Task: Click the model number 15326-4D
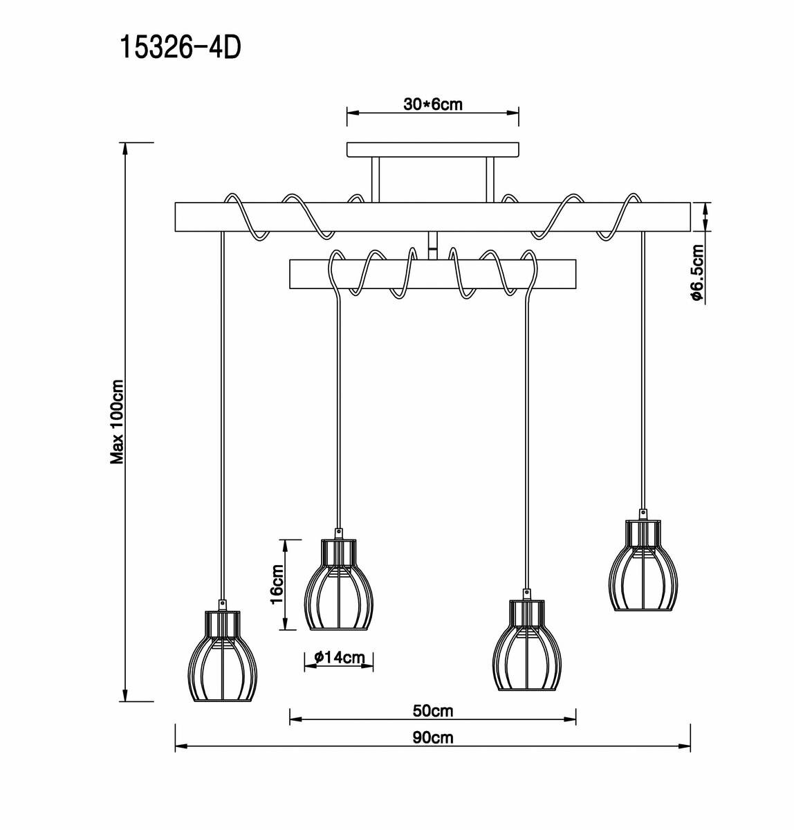181,48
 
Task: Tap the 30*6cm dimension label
432,104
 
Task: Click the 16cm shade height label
277,584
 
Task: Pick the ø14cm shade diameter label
339,658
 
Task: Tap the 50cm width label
432,711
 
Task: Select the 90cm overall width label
432,737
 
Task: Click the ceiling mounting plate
432,150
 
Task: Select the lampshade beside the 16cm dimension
339,585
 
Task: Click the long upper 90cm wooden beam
432,216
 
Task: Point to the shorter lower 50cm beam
432,274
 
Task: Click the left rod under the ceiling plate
375,180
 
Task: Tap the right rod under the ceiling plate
490,180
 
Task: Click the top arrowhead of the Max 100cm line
125,147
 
